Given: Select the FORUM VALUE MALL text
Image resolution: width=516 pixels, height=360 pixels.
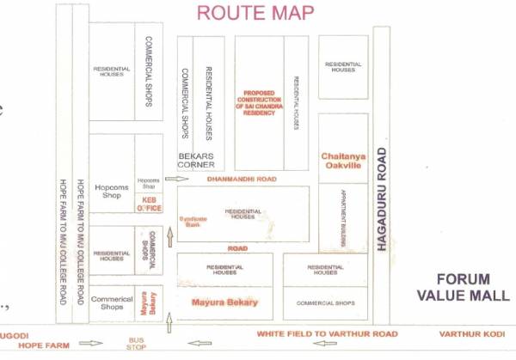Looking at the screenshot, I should (464, 286).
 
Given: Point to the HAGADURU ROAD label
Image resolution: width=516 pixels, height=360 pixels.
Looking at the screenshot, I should (382, 198).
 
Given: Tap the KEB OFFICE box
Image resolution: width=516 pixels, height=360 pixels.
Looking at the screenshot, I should (150, 204).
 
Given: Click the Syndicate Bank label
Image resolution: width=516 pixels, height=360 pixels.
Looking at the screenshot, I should (193, 221).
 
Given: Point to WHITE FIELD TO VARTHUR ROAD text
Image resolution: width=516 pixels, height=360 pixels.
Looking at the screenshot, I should (327, 333).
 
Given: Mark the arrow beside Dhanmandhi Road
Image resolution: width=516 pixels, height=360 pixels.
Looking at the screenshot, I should (176, 180).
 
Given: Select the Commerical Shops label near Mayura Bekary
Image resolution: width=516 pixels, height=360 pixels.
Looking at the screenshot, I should (112, 302).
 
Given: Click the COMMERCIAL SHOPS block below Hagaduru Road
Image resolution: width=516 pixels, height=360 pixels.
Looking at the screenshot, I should (325, 303).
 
